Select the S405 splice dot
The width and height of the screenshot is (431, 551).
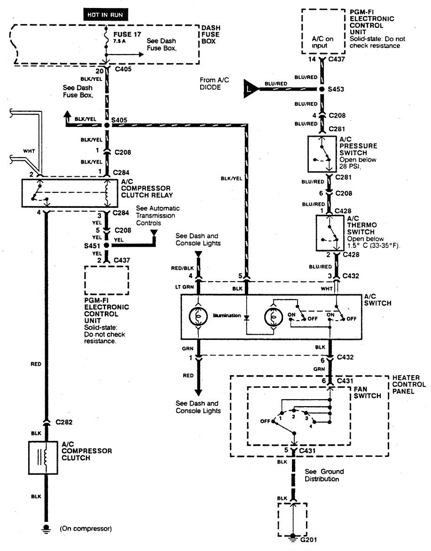coord(107,126)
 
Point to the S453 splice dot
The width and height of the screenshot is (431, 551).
coord(321,89)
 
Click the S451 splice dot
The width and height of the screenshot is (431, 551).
coord(107,245)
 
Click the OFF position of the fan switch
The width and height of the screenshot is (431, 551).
coord(266,421)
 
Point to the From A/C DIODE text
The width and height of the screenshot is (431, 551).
coord(214,83)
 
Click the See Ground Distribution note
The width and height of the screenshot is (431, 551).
coord(324,475)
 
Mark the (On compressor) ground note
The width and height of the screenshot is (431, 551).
coord(86,528)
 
